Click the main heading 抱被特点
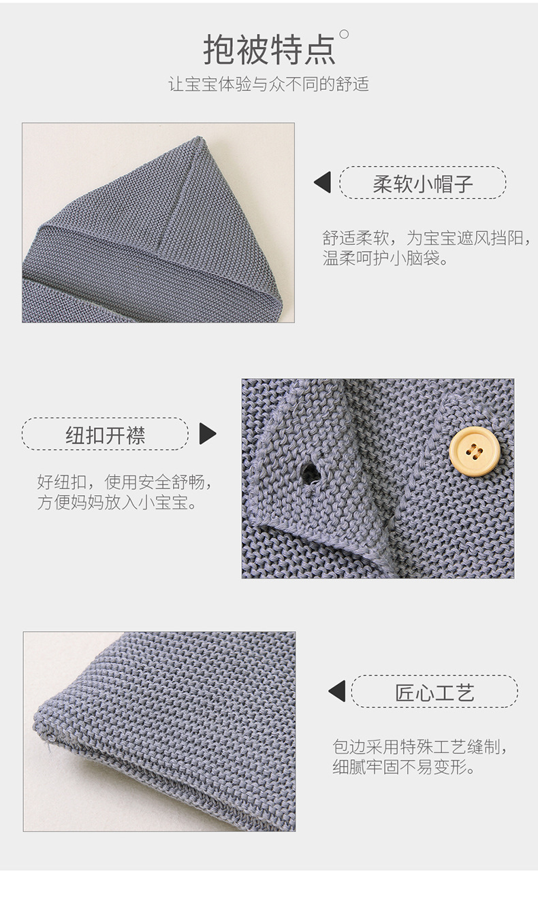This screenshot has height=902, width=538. (x=269, y=48)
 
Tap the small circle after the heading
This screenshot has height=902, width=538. (x=344, y=33)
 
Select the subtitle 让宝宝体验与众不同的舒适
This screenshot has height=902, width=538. (x=268, y=85)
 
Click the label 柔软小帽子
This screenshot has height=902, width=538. (x=422, y=182)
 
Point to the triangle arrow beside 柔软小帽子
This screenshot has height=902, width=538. (x=323, y=182)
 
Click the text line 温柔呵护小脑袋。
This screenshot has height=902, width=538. (x=385, y=258)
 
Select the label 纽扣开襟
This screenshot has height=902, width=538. (x=105, y=435)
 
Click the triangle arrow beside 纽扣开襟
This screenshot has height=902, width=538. (x=207, y=434)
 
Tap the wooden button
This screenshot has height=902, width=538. (x=475, y=450)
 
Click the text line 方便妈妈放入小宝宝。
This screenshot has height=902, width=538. (x=118, y=504)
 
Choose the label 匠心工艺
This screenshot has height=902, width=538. (x=434, y=692)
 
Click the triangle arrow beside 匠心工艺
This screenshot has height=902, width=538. (x=337, y=692)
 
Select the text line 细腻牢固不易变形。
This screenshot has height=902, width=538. (x=403, y=767)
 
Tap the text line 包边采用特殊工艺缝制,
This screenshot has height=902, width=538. (x=420, y=746)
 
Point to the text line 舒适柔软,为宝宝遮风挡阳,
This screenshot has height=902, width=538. (x=426, y=238)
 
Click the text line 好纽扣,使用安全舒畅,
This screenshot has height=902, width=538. (x=125, y=483)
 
